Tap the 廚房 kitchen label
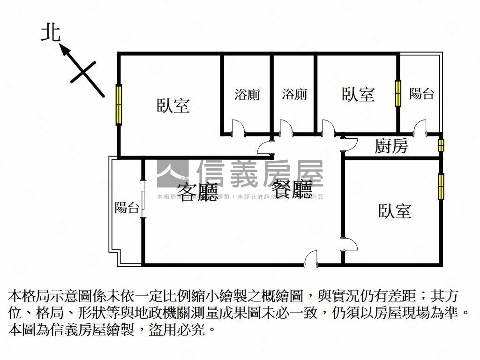(391, 147)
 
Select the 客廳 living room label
(198, 191)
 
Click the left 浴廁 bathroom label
(247, 94)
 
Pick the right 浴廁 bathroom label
(295, 94)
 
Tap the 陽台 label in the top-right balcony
(421, 93)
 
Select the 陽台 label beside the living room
(127, 207)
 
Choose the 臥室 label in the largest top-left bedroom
(173, 105)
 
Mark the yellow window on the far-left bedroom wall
(119, 104)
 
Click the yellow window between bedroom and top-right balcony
(398, 93)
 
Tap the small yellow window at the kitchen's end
(441, 145)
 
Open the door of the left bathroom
(239, 127)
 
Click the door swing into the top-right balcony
(420, 127)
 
